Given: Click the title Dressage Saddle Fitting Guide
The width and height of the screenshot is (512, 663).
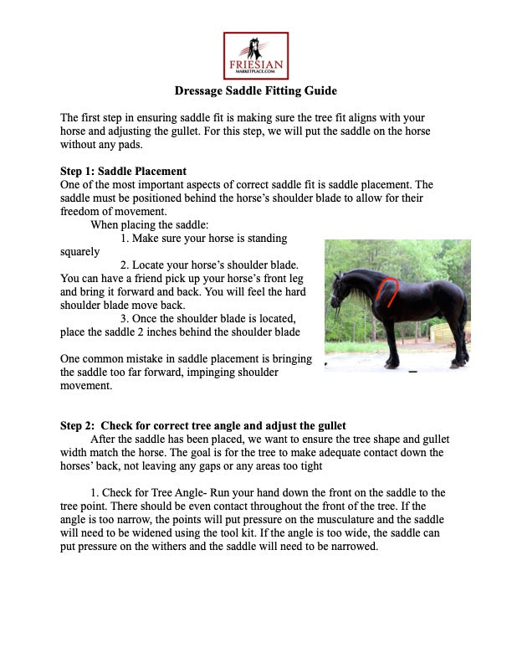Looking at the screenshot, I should [255, 90].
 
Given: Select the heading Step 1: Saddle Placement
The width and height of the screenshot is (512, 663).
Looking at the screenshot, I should [123, 172].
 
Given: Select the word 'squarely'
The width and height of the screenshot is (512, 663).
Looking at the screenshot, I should [80, 250].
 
